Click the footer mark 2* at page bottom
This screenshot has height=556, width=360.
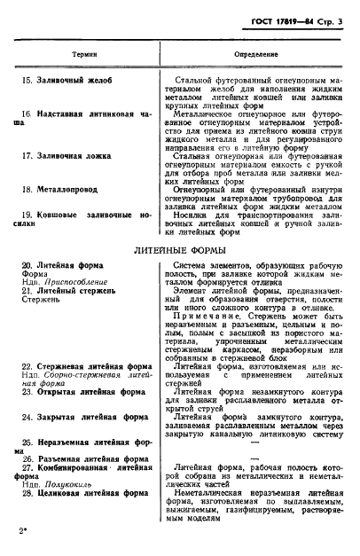click(x=21, y=530)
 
